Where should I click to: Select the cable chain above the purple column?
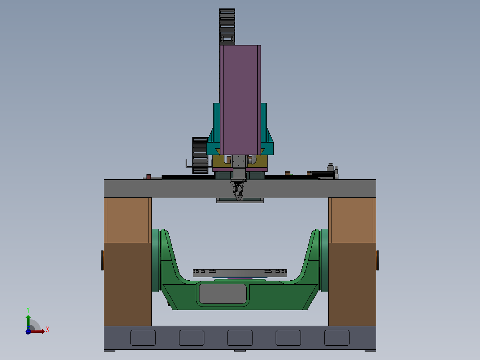click(227, 26)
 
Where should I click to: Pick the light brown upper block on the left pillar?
click(128, 220)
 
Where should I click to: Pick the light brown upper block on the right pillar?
click(352, 220)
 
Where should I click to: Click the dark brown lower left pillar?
click(128, 284)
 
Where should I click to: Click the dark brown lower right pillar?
click(352, 284)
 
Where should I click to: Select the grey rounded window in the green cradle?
click(223, 294)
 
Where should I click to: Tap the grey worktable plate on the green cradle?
click(240, 273)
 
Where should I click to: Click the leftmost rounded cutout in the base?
click(143, 338)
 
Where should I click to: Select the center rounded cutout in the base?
click(240, 338)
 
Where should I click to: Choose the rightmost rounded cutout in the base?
click(337, 338)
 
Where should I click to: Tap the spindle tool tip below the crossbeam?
click(238, 195)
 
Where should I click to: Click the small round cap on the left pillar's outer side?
click(102, 261)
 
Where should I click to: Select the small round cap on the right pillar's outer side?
click(377, 261)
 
